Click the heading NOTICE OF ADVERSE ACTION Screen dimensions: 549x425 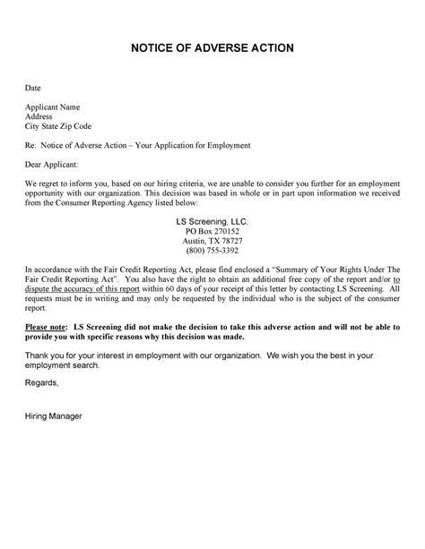(212, 47)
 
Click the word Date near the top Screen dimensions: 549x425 (32, 90)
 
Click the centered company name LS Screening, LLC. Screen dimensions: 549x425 (212, 220)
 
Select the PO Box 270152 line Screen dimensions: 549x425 (212, 230)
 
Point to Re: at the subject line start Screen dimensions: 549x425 (31, 144)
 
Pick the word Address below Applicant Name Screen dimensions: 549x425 (38, 116)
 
